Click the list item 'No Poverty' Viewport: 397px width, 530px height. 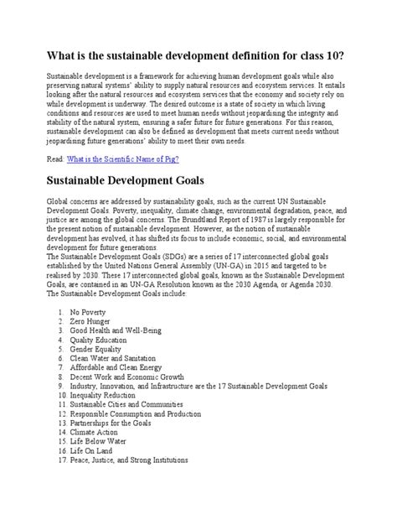pyautogui.click(x=86, y=312)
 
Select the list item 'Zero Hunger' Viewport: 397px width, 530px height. pyautogui.click(x=89, y=322)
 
